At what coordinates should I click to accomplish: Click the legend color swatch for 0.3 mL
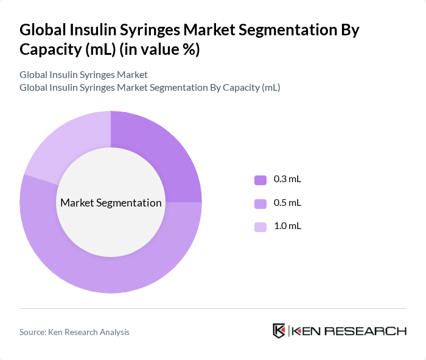260,180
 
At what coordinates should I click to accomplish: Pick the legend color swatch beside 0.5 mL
260,203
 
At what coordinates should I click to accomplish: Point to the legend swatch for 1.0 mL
260,227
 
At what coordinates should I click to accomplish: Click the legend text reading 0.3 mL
288,180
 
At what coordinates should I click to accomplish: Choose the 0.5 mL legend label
288,203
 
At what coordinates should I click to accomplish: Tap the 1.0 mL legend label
288,226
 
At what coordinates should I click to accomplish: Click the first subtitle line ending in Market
83,75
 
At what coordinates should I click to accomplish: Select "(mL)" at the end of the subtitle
271,87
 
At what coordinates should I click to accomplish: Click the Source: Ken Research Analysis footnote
74,332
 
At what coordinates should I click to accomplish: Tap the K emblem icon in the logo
279,331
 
